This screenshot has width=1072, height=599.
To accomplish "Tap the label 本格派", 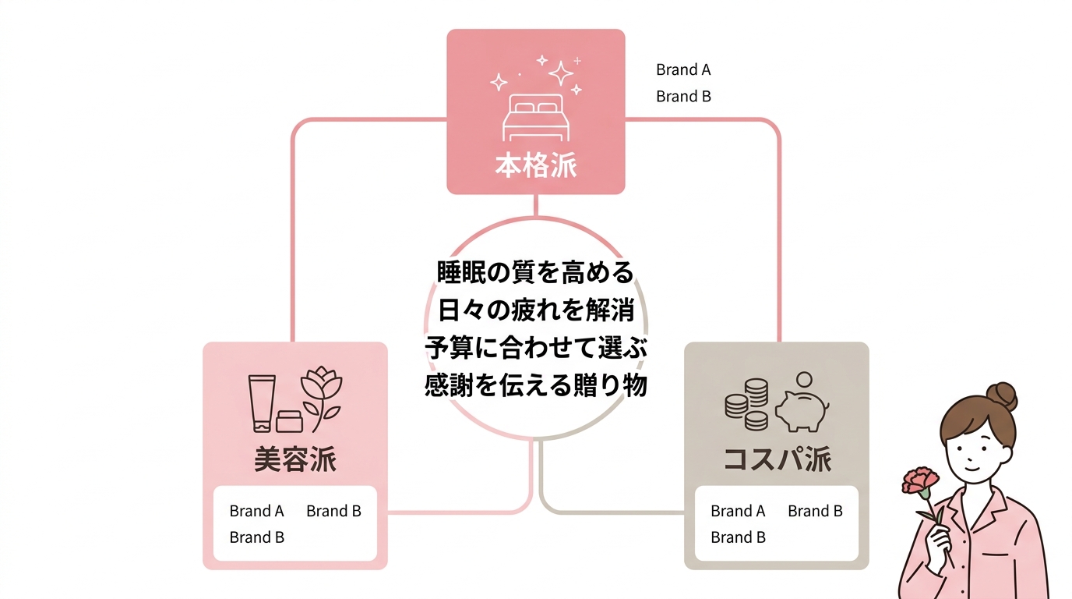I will (x=536, y=166).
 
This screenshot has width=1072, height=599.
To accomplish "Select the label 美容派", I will (x=295, y=459).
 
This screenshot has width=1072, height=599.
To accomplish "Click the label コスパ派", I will (x=777, y=459).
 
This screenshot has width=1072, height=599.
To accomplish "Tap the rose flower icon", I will (x=320, y=394).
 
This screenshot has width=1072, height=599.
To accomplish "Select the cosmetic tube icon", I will (x=261, y=401).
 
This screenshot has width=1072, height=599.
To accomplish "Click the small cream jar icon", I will (x=290, y=421).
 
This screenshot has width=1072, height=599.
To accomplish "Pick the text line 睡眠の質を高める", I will (x=534, y=272).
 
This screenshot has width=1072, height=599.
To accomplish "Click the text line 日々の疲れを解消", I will (x=534, y=310).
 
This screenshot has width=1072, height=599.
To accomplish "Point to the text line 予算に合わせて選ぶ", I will (x=535, y=348).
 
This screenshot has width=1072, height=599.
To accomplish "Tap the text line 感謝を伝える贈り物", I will (x=535, y=385).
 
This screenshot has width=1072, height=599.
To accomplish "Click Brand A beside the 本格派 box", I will (x=683, y=69).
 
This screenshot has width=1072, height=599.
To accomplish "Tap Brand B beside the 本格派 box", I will (x=683, y=97).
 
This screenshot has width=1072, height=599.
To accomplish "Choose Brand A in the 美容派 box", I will (x=256, y=511).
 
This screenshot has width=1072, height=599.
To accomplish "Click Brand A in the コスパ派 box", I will (x=738, y=511).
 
